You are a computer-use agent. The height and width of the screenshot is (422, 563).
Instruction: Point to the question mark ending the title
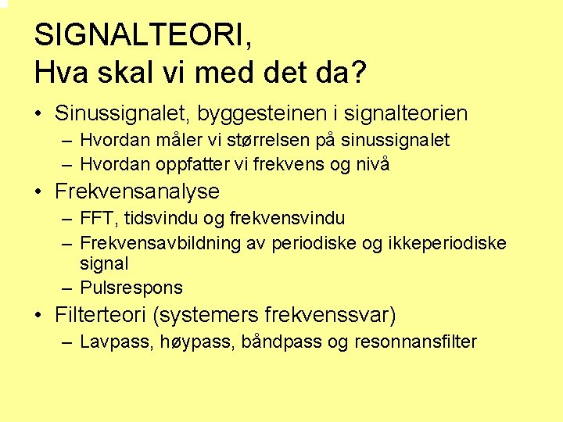(358, 73)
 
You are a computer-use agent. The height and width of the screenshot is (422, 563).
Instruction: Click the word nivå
(372, 165)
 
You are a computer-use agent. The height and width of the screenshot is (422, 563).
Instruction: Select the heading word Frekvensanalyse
(138, 191)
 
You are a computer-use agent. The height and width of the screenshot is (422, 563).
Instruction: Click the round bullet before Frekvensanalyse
(39, 191)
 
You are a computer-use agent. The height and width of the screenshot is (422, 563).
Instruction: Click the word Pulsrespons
(131, 288)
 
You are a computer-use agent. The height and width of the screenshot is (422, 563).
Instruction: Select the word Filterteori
(102, 316)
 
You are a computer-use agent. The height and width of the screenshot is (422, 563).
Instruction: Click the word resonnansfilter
(415, 342)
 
